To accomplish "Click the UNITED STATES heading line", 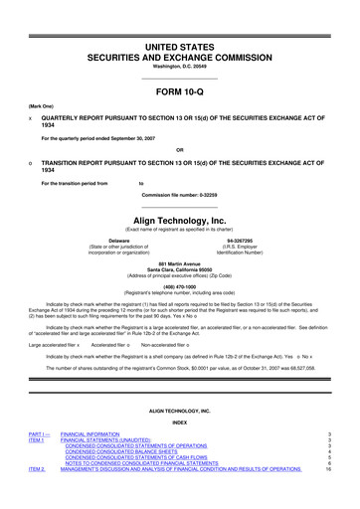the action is coord(180,20).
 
